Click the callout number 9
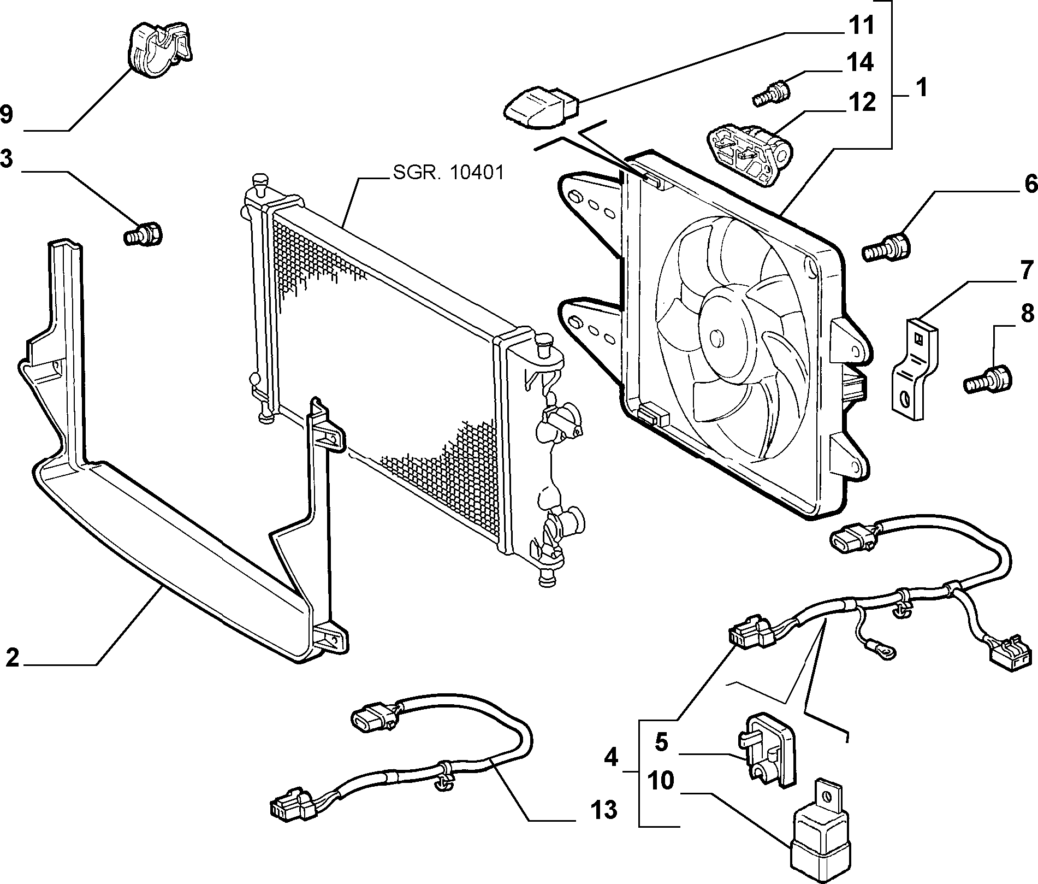tap(7, 115)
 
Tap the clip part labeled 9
tap(162, 50)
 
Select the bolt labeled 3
tap(143, 233)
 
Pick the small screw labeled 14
tap(770, 93)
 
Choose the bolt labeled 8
tap(988, 379)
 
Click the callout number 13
tap(603, 810)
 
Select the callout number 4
tap(612, 758)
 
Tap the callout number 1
tap(921, 87)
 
